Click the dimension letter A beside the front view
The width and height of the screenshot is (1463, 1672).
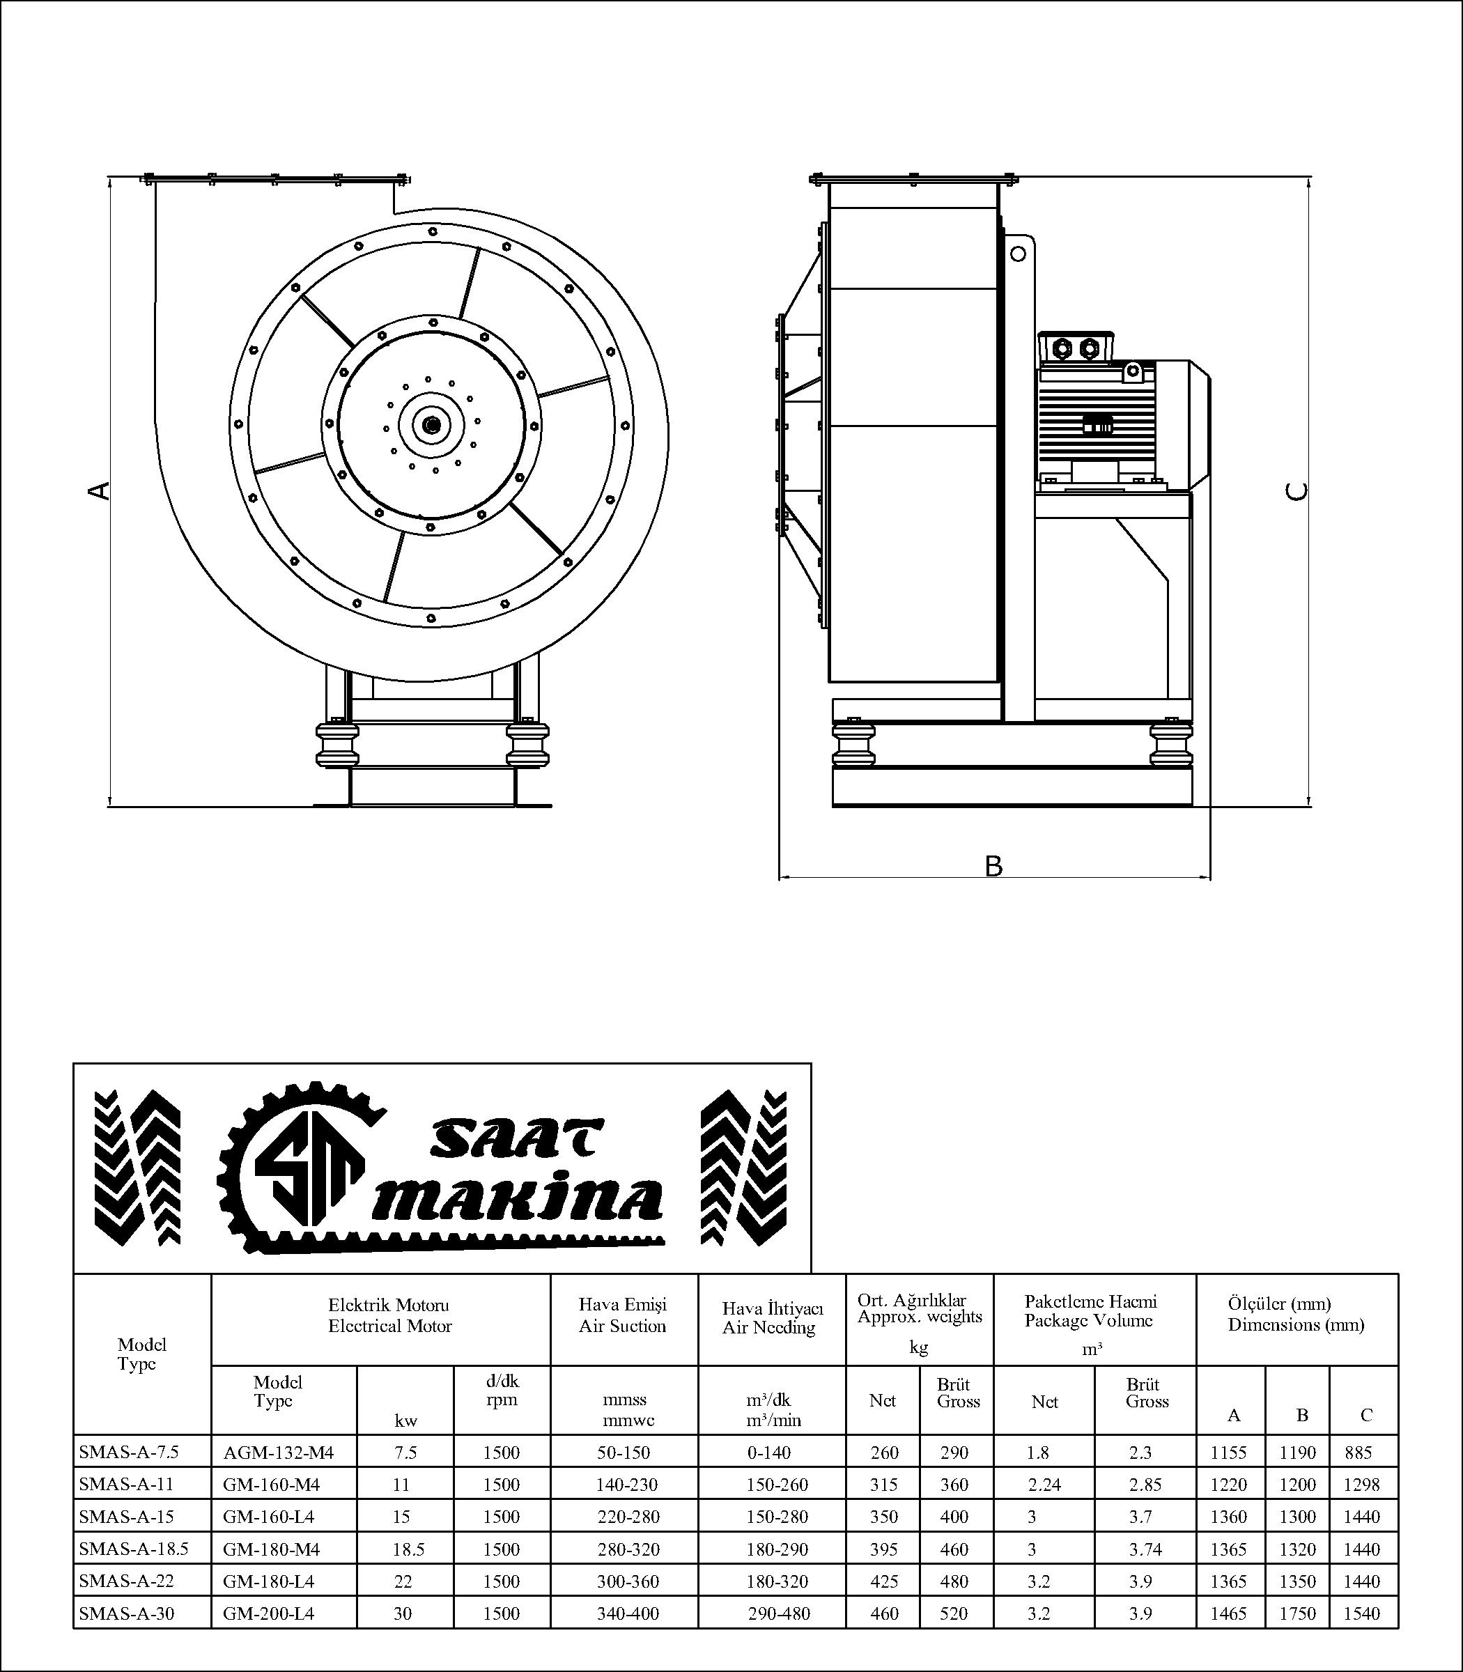tap(99, 490)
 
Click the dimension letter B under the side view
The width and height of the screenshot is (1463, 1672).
tap(993, 866)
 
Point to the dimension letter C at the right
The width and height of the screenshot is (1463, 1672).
tap(1296, 490)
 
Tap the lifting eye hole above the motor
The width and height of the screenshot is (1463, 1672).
tap(1018, 254)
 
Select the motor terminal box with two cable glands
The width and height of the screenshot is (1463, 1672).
tap(1075, 348)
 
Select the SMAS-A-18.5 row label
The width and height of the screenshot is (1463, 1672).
tap(134, 1549)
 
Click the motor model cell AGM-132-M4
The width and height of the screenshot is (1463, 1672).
tap(279, 1453)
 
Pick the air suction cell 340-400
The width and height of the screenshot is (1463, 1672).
tap(628, 1613)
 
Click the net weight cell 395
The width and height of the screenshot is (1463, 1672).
tap(883, 1549)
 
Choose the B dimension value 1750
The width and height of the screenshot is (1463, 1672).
tap(1297, 1613)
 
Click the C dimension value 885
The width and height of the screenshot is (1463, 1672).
tap(1358, 1453)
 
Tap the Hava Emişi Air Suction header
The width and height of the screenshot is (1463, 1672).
tap(623, 1315)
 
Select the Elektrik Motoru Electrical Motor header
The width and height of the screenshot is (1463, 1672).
tap(389, 1315)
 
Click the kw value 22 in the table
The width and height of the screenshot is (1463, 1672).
tap(403, 1581)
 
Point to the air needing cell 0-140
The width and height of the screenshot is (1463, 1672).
tap(768, 1453)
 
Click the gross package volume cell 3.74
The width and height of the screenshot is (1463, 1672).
tap(1145, 1549)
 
